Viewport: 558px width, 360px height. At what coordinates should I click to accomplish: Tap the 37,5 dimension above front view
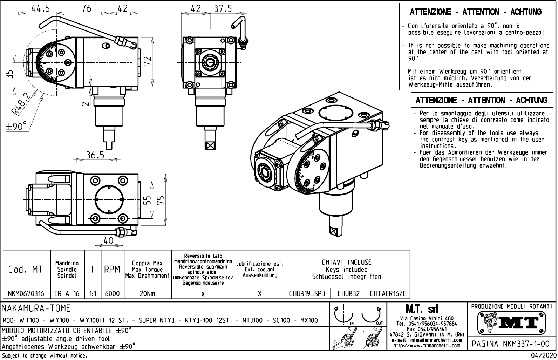pos(223,8)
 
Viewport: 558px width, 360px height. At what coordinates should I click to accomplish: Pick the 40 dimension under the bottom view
pos(109,241)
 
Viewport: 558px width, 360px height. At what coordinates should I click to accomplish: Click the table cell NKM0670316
pos(27,294)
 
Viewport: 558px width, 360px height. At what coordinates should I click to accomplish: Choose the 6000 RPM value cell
pos(112,294)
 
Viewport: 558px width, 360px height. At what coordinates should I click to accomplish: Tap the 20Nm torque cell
pos(147,294)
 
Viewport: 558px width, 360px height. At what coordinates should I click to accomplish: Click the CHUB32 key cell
pos(348,294)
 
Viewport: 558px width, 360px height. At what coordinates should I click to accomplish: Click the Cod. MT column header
pos(26,270)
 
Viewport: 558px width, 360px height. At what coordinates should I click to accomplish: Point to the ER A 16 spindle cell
pos(67,294)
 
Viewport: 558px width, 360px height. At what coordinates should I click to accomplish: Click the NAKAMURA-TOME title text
pos(36,308)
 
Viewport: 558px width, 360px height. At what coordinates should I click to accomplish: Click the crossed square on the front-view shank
pos(210,145)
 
